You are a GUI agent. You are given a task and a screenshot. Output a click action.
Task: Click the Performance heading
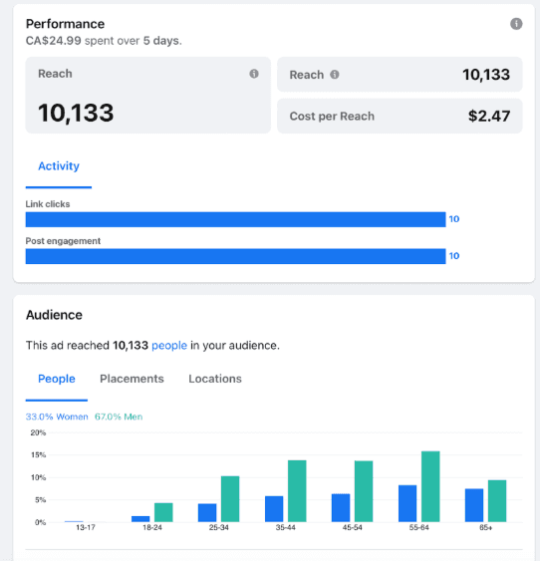65,24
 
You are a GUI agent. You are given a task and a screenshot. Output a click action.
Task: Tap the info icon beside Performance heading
516,24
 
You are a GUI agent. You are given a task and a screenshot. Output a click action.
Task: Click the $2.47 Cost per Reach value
489,116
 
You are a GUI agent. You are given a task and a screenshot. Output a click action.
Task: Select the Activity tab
59,166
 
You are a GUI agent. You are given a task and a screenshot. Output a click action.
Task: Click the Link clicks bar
236,219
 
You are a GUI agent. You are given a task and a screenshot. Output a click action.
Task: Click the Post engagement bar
236,256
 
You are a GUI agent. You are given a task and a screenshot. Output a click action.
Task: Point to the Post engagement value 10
454,256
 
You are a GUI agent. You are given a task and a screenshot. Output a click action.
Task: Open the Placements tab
132,379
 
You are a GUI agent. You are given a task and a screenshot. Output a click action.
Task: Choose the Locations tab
215,379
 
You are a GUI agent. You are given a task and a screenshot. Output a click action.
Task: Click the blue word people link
169,346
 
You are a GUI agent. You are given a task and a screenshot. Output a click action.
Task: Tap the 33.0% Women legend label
57,417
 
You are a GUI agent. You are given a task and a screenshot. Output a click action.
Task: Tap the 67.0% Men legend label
119,417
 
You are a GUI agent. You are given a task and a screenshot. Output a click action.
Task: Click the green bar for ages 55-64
430,486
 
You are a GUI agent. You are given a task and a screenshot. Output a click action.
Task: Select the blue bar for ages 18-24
140,519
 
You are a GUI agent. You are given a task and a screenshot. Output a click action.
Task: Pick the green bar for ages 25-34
230,499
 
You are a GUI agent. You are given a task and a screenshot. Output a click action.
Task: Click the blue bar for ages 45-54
341,508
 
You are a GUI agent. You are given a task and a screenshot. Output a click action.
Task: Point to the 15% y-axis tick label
38,455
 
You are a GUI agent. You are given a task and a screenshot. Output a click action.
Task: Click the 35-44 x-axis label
285,528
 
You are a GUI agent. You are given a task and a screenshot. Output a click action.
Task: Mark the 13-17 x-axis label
86,528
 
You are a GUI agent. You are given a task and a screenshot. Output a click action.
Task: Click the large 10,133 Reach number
76,113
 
